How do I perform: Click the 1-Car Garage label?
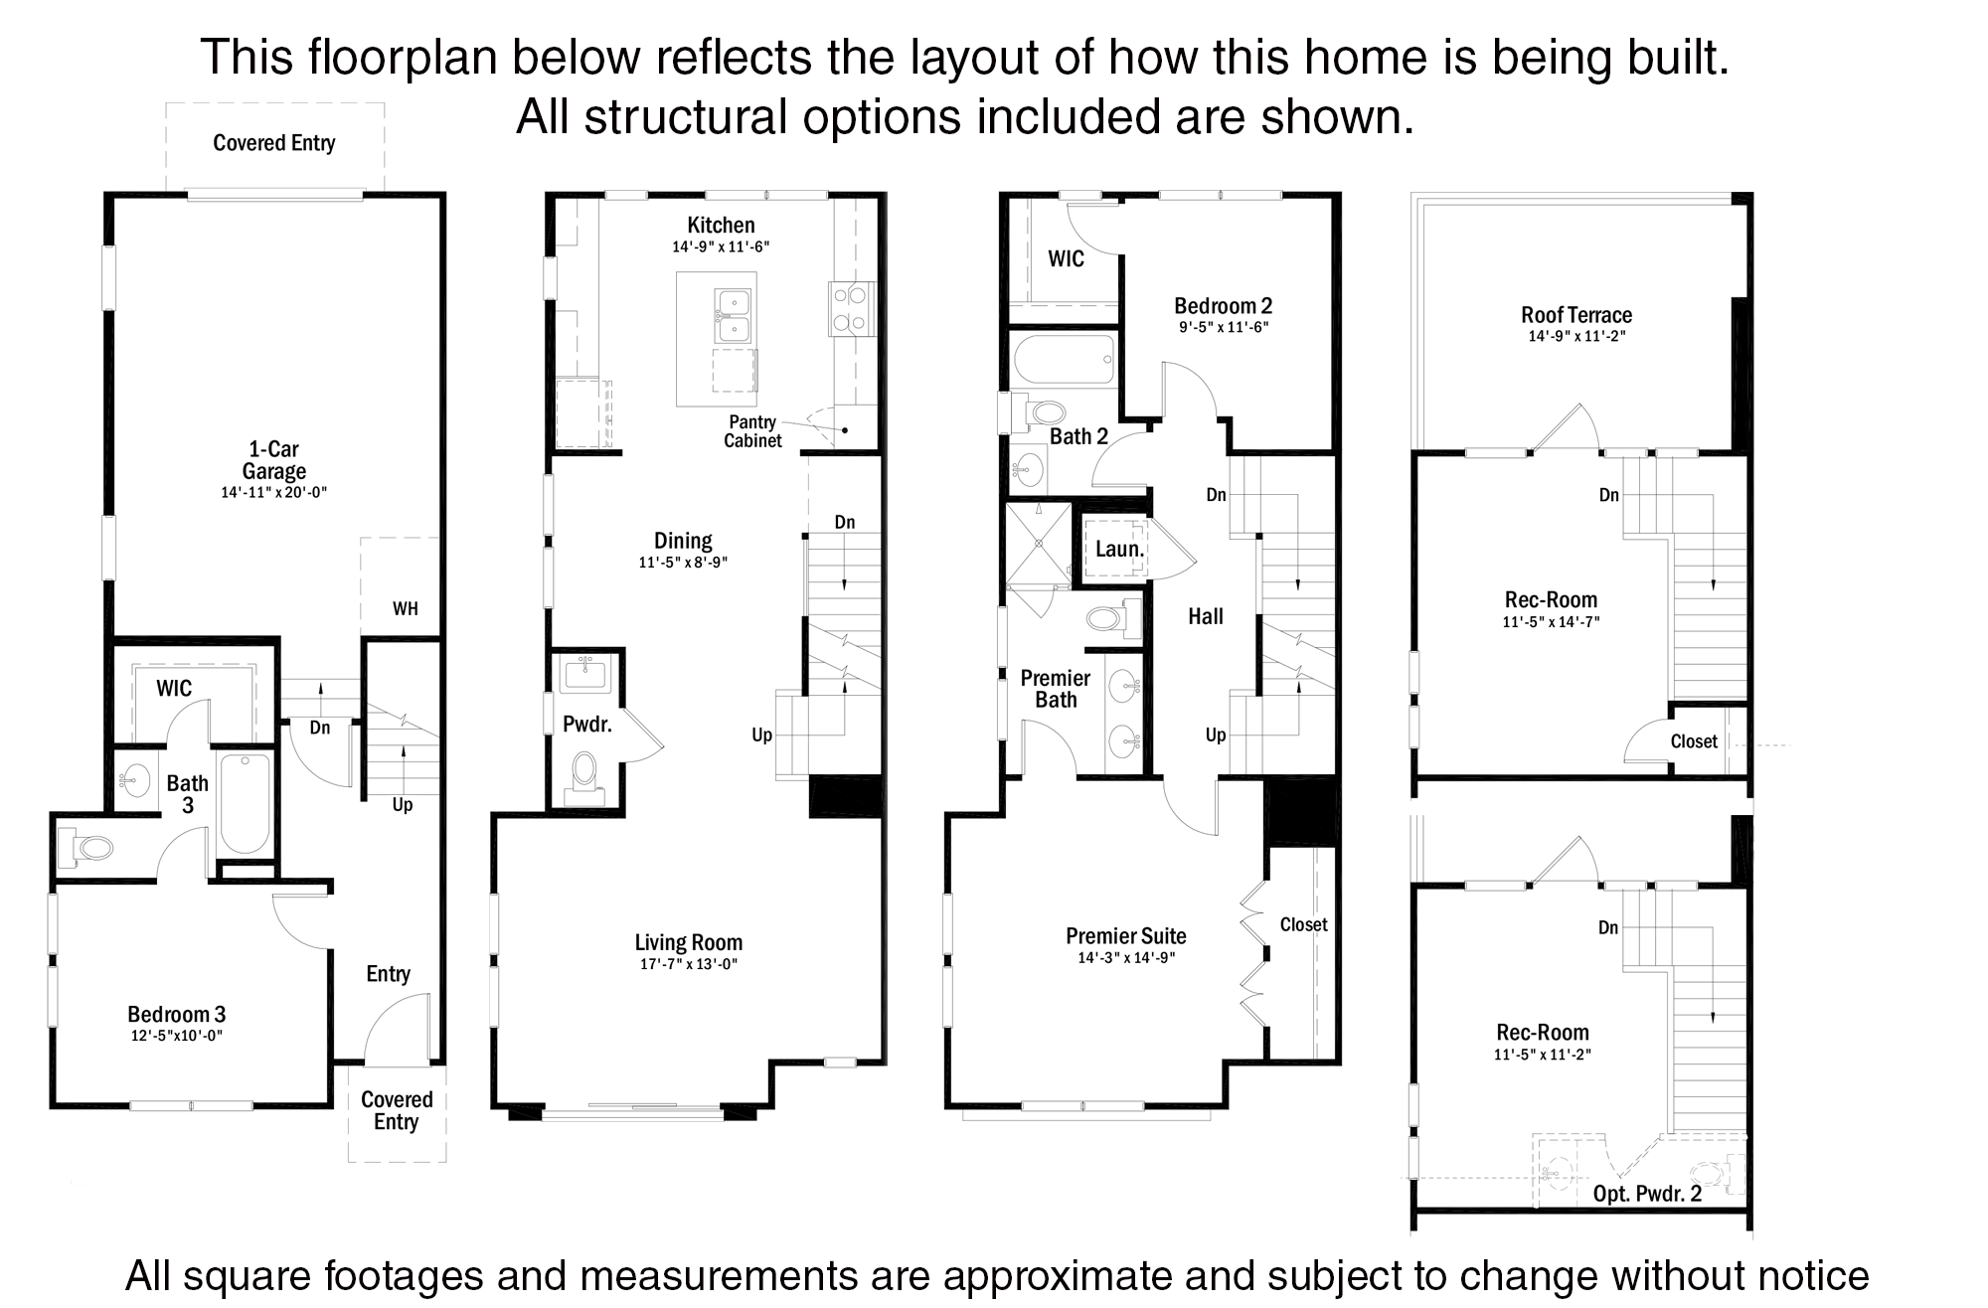tap(274, 460)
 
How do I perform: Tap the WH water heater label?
tap(405, 609)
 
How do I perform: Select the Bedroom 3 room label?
tap(177, 1014)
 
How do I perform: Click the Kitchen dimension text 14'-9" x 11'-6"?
tap(721, 246)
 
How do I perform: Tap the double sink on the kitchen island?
tap(733, 316)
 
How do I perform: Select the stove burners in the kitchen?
tap(852, 308)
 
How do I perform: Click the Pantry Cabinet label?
tap(752, 431)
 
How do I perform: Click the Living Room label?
tap(689, 942)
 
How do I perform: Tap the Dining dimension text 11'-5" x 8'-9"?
tap(683, 563)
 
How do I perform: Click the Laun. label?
tap(1120, 549)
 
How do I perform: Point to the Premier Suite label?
tap(1126, 935)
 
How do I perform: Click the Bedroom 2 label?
tap(1224, 306)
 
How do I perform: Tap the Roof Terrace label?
tap(1576, 315)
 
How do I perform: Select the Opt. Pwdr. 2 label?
tap(1647, 1194)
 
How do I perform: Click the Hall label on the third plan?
tap(1206, 616)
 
